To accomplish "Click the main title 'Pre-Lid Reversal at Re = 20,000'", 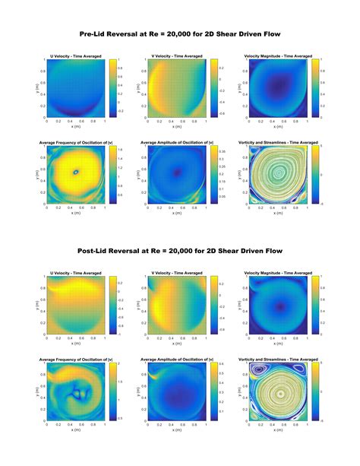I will click(x=180, y=33).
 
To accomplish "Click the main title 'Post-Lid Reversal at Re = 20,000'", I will click(x=180, y=250).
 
